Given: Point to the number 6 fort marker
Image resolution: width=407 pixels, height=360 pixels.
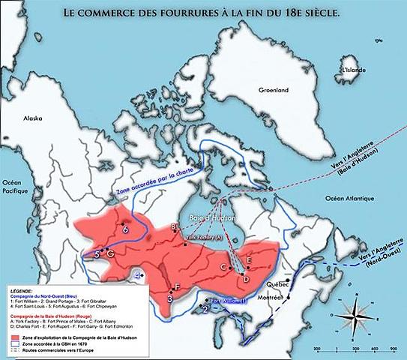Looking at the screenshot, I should [x=125, y=229].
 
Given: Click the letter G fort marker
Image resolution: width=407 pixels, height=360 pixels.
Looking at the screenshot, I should [x=110, y=253].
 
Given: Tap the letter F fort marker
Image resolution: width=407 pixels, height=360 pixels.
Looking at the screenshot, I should [x=177, y=287].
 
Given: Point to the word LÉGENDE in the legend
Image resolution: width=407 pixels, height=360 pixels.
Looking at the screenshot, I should [x=22, y=288].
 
